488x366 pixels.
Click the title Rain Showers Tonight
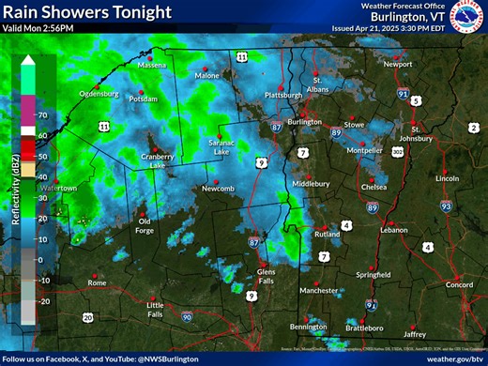tap(87, 12)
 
